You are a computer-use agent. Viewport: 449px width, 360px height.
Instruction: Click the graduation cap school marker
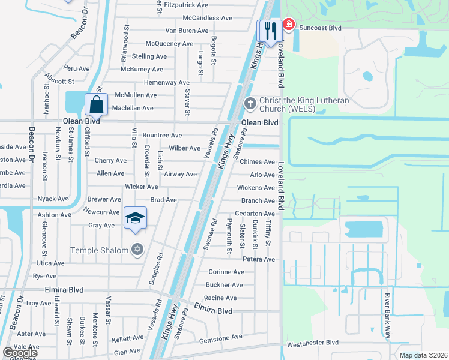click(135, 217)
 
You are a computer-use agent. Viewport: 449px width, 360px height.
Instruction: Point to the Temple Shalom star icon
click(137, 250)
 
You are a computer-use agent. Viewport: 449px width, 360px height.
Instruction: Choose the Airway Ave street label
click(180, 175)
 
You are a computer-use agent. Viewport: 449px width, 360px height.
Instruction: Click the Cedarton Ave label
click(255, 214)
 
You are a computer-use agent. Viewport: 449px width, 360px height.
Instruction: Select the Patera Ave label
click(259, 259)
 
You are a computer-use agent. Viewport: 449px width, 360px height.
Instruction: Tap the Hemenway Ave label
click(167, 82)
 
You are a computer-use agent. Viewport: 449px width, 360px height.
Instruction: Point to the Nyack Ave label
click(53, 199)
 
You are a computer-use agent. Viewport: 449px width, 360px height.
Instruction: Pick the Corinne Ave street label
click(226, 272)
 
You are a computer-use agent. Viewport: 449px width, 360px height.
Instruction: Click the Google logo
click(20, 352)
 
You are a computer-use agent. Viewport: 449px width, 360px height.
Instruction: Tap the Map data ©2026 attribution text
click(423, 356)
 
